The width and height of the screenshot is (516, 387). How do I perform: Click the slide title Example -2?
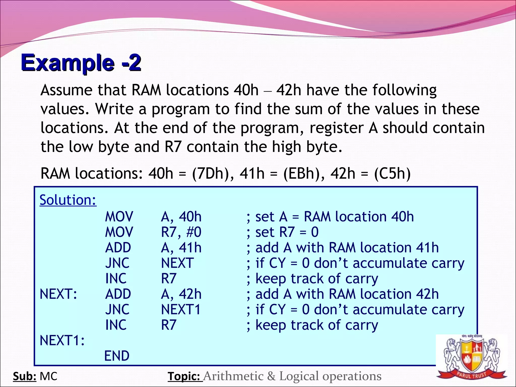click(81, 63)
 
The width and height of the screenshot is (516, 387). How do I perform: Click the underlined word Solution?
click(68, 200)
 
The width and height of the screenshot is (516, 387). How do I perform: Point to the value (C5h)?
click(392, 174)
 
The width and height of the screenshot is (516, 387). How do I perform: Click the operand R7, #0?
click(181, 232)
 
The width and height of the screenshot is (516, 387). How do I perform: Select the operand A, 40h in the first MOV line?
click(181, 217)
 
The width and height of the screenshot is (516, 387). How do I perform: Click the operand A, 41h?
click(181, 248)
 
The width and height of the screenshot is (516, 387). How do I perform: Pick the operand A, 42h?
click(181, 294)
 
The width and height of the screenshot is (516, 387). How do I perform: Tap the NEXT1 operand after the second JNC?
click(181, 309)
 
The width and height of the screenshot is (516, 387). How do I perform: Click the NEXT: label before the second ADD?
click(58, 294)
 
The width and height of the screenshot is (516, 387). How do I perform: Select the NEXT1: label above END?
click(62, 341)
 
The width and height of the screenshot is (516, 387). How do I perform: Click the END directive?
click(117, 356)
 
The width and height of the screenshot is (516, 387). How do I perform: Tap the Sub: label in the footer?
click(24, 376)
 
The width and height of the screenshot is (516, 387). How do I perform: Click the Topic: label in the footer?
click(185, 376)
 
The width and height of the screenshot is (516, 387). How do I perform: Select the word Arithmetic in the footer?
click(233, 376)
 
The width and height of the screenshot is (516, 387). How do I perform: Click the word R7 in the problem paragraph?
click(173, 147)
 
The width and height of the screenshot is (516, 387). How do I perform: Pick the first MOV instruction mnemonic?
click(119, 217)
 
